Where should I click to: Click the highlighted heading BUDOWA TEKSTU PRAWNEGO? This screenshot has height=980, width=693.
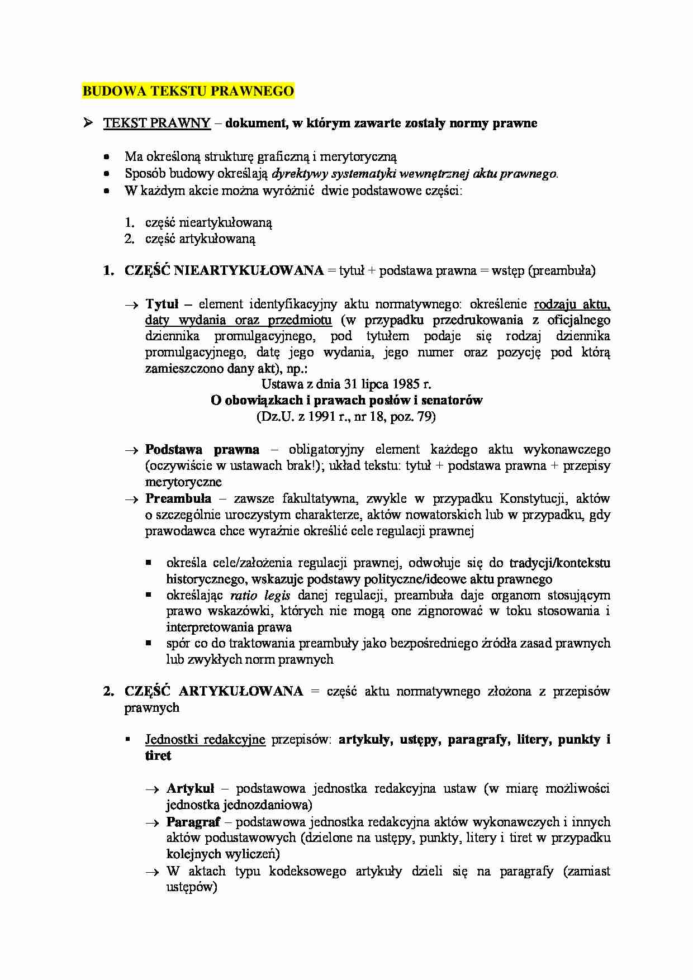(x=188, y=91)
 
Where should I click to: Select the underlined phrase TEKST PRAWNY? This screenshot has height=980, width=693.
(x=156, y=123)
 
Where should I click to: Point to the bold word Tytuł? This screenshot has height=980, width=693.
(x=162, y=305)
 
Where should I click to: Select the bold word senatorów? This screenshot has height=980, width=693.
(x=453, y=401)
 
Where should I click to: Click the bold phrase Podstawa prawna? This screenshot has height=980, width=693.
(x=202, y=450)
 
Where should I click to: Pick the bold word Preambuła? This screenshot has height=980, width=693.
(x=178, y=498)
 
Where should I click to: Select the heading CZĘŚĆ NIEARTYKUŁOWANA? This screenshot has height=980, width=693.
(x=224, y=271)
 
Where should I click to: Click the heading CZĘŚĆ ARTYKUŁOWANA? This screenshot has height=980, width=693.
(x=214, y=692)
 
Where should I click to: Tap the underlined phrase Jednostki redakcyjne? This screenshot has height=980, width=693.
(x=205, y=740)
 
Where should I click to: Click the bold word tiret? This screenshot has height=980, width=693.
(x=158, y=756)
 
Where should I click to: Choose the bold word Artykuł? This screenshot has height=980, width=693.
(x=190, y=789)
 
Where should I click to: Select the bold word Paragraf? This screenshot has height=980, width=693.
(x=193, y=822)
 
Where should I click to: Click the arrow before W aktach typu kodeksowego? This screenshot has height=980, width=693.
(x=152, y=872)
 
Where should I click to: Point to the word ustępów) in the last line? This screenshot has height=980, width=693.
(x=191, y=887)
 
